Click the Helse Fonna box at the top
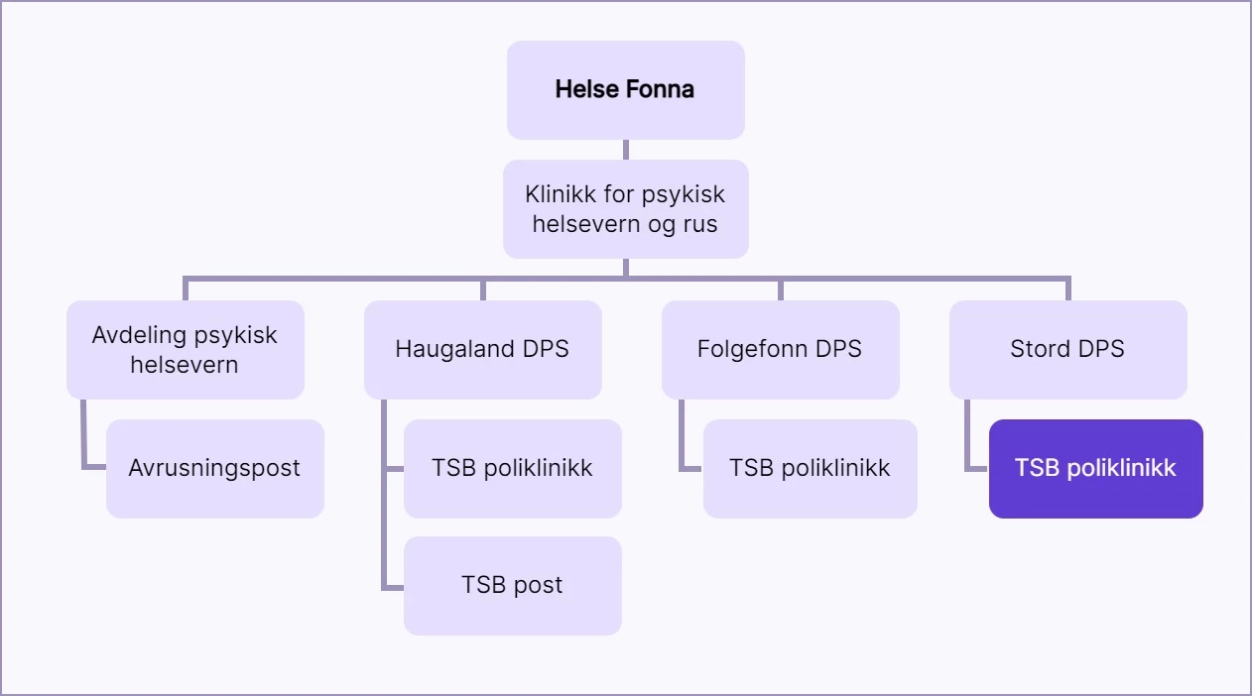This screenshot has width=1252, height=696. point(625,89)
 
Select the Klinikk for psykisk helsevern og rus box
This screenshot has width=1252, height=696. point(625,209)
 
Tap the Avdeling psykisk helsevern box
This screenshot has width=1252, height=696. point(185,349)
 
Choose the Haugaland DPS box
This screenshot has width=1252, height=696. point(482,349)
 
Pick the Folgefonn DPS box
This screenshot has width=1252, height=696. point(780,349)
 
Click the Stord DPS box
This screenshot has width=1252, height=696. point(1067,349)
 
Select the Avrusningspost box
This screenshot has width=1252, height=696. point(214,468)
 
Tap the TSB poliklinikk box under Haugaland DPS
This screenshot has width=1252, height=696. point(512,468)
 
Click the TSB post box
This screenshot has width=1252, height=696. point(512,585)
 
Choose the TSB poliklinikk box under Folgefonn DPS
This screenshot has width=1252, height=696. point(810,468)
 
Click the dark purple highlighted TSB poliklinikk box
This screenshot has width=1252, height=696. point(1095,468)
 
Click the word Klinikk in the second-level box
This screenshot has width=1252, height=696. point(561,194)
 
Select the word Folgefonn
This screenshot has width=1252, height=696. point(749,349)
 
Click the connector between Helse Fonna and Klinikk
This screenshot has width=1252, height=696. point(625,150)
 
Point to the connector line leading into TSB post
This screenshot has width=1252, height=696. point(392,587)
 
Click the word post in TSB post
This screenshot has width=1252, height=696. point(538,586)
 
